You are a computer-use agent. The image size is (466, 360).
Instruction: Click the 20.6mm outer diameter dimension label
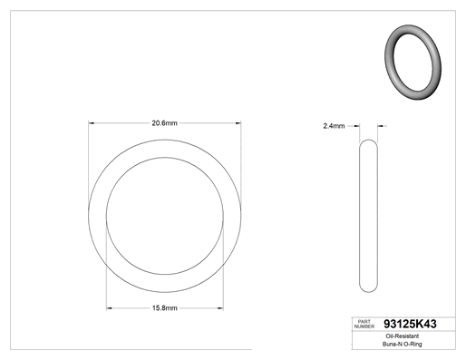tap(164, 123)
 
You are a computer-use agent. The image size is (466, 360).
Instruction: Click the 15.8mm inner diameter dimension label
tap(165, 308)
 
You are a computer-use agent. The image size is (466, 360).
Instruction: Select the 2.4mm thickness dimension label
tap(334, 126)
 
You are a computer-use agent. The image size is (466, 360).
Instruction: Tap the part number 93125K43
tap(410, 324)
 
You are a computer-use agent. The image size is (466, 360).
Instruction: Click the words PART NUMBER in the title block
tap(364, 324)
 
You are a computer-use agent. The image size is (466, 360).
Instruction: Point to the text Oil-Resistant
tap(403, 336)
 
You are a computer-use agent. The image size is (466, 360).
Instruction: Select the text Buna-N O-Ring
tap(403, 344)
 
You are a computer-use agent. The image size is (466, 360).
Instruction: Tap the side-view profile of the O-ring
tap(360, 216)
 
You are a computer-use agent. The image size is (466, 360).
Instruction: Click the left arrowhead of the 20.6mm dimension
tap(91, 123)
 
